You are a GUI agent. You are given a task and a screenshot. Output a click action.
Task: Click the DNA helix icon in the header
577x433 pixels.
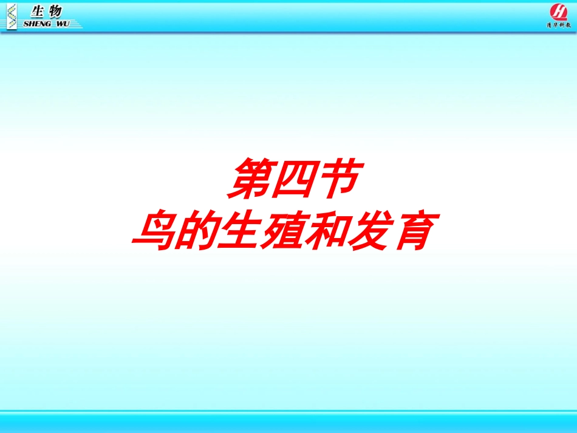[x=11, y=15]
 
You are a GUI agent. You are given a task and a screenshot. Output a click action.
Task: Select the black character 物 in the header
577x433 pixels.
[x=55, y=10]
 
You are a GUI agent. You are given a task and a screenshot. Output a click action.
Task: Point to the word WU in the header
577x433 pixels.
[x=63, y=24]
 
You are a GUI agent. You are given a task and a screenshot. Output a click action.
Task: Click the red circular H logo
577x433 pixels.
[x=558, y=12]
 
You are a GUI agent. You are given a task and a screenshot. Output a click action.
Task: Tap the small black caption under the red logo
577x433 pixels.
[x=558, y=26]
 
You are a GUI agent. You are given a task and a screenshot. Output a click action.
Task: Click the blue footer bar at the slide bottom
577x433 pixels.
[x=288, y=422]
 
